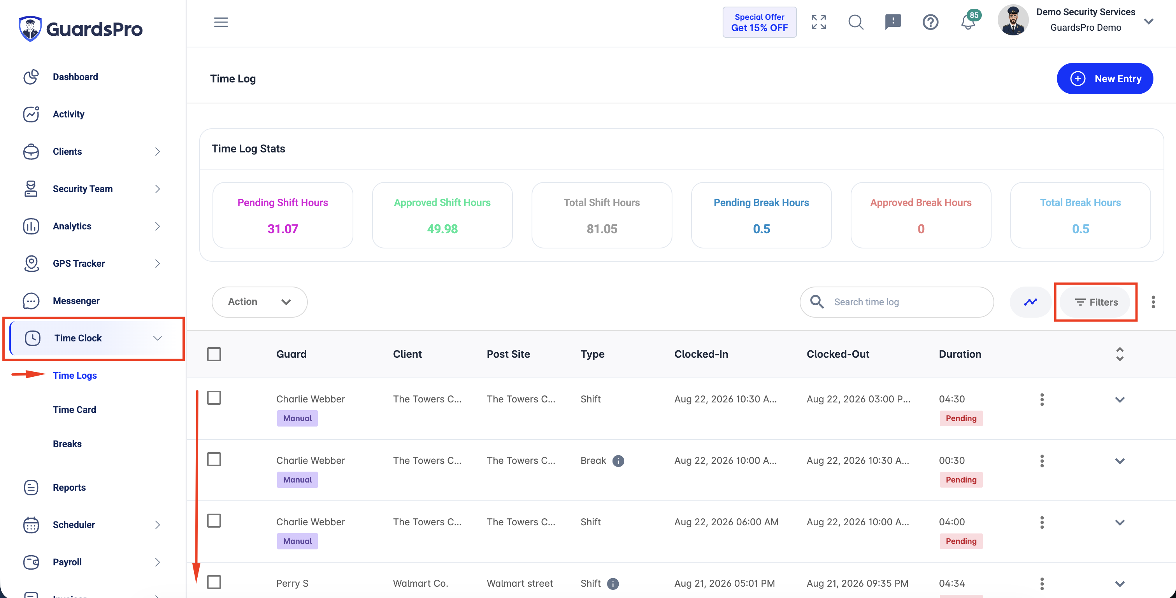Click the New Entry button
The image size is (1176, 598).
(1105, 79)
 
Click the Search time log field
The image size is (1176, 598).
(897, 302)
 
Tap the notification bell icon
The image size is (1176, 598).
(967, 22)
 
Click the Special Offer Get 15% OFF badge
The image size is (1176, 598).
(759, 22)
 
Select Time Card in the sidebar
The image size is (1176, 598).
(74, 409)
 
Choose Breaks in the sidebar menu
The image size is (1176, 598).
(67, 444)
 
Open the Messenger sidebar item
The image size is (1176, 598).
(76, 301)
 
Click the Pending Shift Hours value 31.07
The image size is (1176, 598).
(283, 229)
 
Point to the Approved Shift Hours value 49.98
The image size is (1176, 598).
(442, 229)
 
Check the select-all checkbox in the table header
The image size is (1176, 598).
(214, 354)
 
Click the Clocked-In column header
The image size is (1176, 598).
(701, 354)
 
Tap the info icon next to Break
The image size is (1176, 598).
(618, 461)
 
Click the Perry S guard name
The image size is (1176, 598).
(292, 583)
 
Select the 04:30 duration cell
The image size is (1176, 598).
(952, 399)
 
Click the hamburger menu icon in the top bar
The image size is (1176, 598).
(221, 22)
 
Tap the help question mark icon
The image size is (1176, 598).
(930, 22)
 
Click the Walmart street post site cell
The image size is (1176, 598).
(520, 583)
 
